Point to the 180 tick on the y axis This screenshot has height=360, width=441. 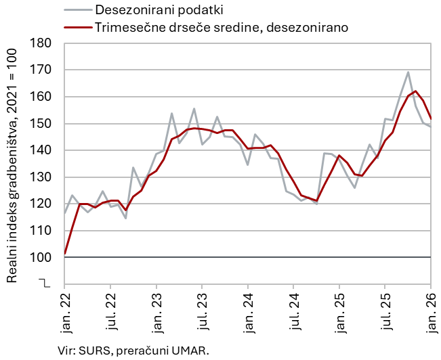43,43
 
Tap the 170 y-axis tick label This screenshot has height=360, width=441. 43,70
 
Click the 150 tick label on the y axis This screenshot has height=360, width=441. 43,124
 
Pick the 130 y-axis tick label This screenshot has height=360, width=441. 43,177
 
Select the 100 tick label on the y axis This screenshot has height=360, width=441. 43,258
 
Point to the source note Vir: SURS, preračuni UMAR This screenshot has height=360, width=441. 134,350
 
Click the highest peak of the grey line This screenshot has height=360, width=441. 408,72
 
